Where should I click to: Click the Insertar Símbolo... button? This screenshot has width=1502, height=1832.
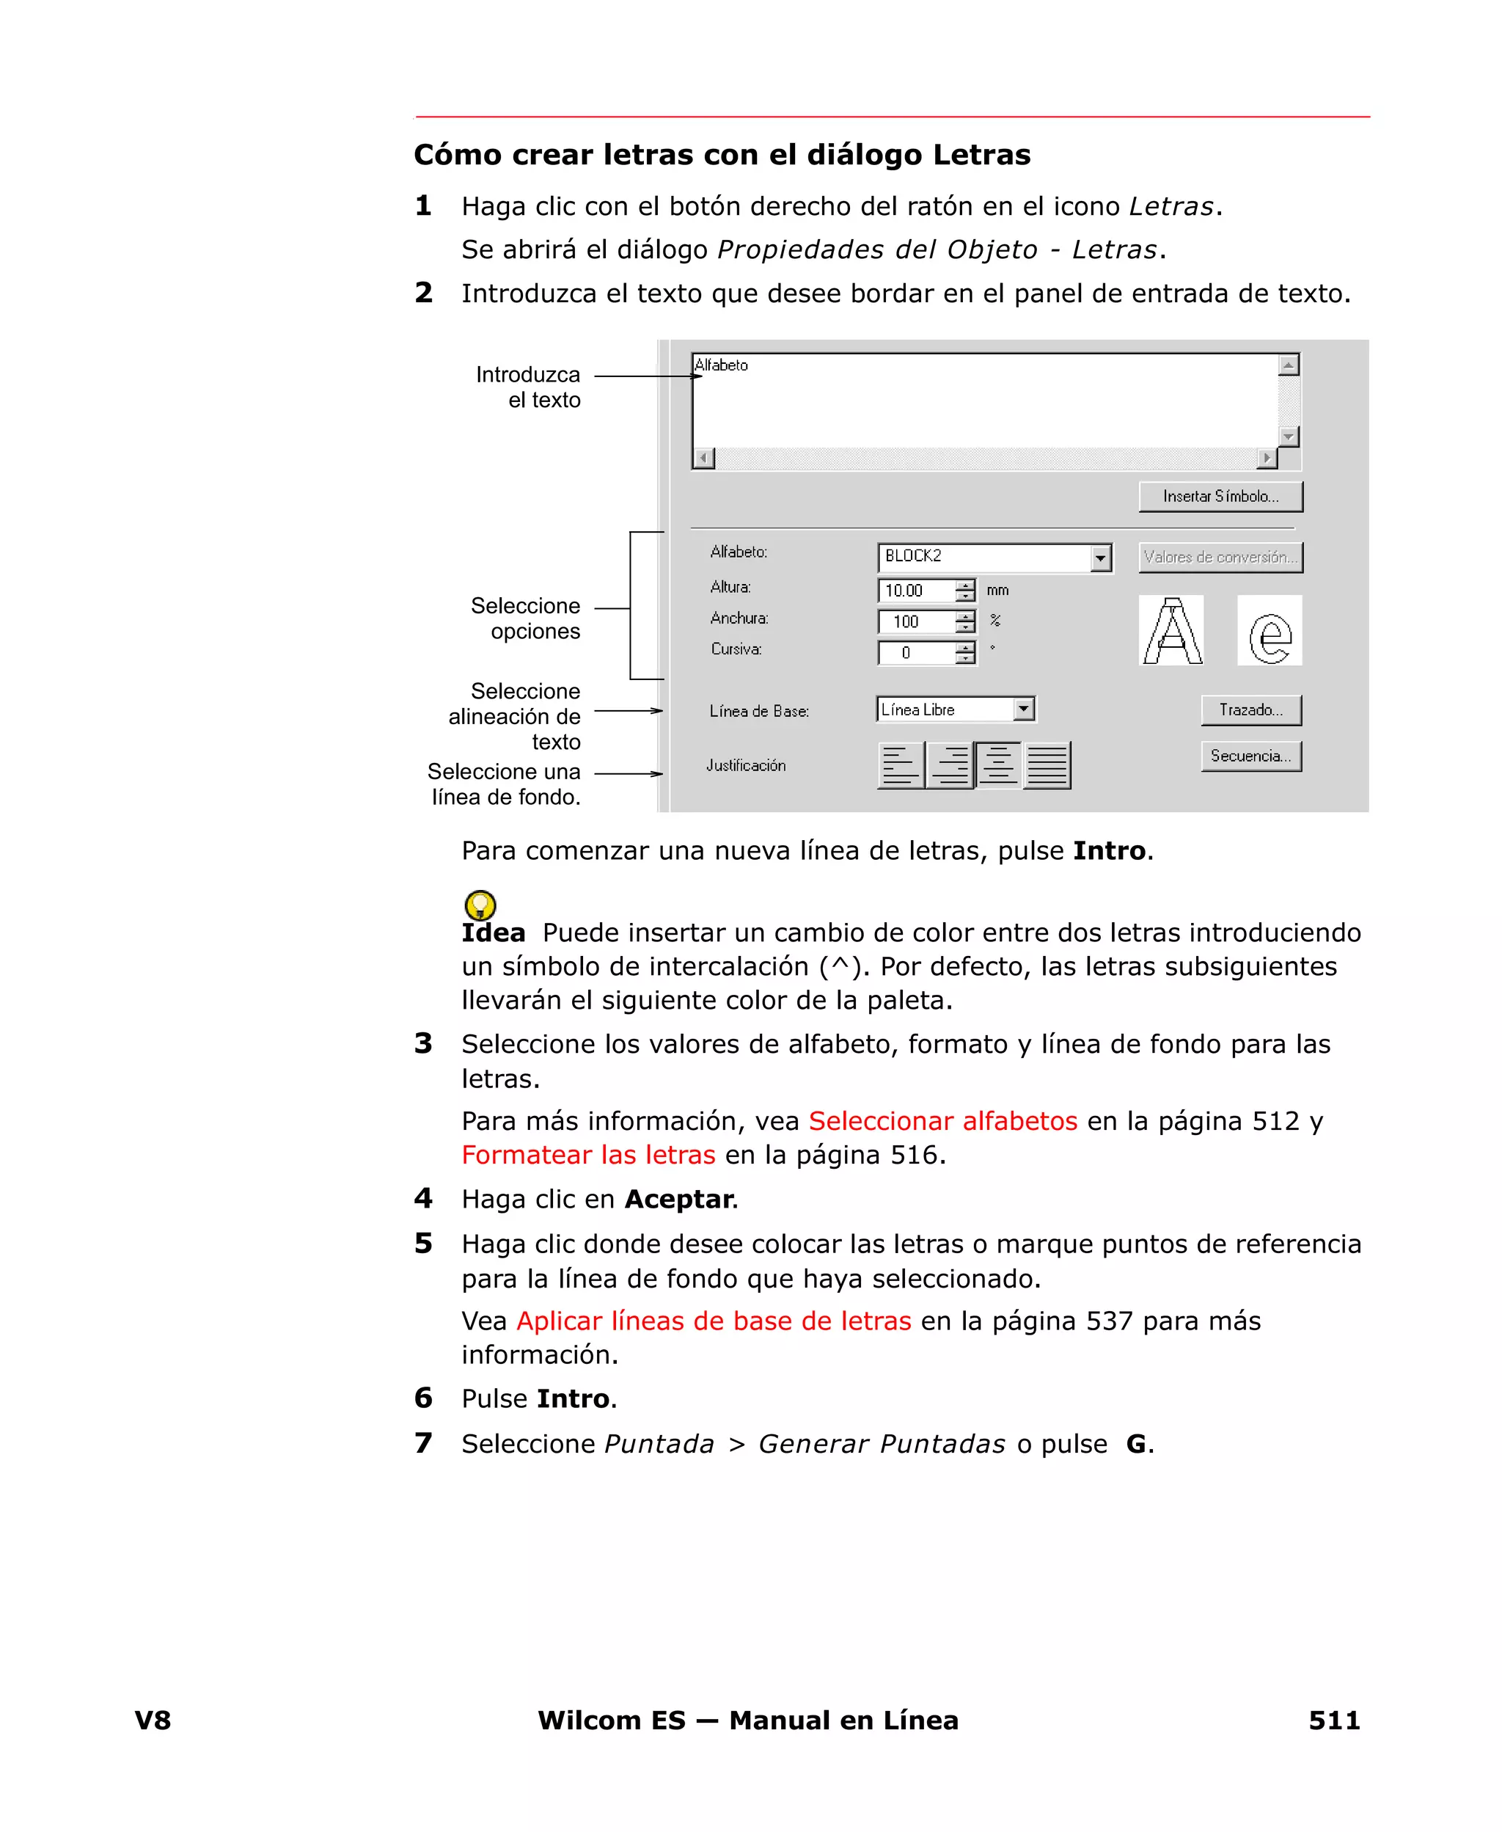tap(1220, 497)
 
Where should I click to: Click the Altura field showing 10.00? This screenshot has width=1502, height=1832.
tap(915, 590)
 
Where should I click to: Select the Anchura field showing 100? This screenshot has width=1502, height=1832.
tap(915, 621)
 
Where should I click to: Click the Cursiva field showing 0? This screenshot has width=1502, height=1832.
tap(915, 652)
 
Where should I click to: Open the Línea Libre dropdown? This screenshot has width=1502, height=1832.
tap(1024, 709)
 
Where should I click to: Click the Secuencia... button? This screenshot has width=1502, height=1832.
tap(1250, 756)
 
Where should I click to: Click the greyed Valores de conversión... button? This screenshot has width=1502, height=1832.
tap(1220, 558)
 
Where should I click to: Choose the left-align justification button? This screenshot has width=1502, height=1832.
tap(901, 765)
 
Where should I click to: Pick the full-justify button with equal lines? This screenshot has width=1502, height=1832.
tap(1047, 765)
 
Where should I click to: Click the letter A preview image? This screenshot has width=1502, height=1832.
tap(1171, 631)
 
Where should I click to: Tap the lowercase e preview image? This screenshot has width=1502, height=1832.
tap(1270, 631)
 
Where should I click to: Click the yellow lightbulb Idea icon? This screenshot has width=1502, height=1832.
tap(480, 905)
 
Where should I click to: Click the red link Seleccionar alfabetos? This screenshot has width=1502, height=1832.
tap(942, 1120)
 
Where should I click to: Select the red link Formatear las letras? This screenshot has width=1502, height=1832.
tap(588, 1154)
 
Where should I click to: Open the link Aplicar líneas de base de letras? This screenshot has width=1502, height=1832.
tap(714, 1321)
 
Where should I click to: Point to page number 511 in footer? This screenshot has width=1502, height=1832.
tap(1333, 1720)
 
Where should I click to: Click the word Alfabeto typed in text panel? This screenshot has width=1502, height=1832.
tap(721, 365)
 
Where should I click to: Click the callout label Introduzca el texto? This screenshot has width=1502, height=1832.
tap(530, 387)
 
